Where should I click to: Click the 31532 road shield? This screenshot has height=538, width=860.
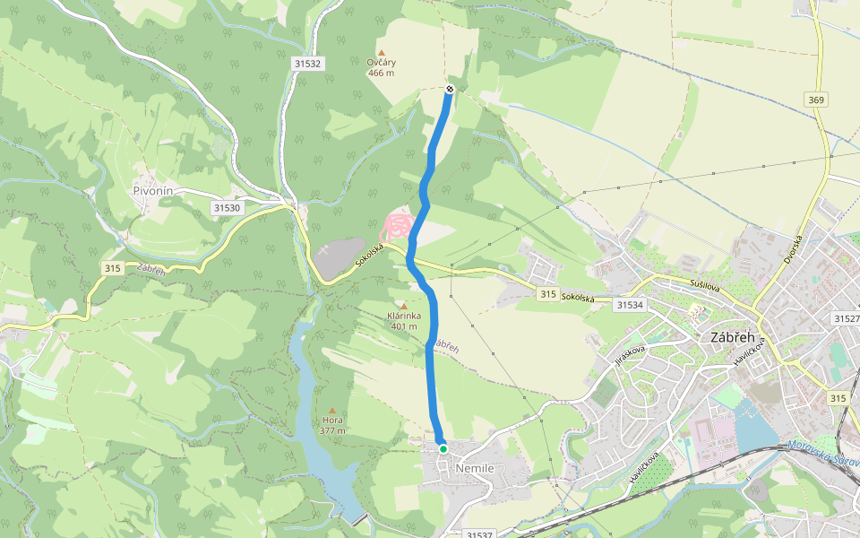(x=306, y=64)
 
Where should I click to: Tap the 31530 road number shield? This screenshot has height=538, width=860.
(x=227, y=207)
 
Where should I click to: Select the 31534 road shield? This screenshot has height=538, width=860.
(x=630, y=305)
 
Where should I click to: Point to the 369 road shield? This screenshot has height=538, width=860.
(x=815, y=100)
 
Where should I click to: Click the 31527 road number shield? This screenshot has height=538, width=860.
(x=846, y=318)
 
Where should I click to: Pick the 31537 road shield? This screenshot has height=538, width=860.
(x=480, y=534)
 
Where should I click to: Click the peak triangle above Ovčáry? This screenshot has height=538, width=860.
(x=382, y=53)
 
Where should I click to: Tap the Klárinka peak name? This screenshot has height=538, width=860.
(x=405, y=316)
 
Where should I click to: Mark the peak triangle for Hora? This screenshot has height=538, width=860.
(x=332, y=410)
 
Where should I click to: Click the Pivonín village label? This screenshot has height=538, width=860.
(x=152, y=190)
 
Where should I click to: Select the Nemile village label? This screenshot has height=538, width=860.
(x=475, y=468)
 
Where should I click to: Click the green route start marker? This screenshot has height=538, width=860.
(x=443, y=448)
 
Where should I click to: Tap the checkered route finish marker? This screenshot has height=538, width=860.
(x=449, y=88)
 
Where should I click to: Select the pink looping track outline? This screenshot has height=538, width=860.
(x=399, y=225)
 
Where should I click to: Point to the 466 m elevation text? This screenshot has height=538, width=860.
(x=381, y=73)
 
